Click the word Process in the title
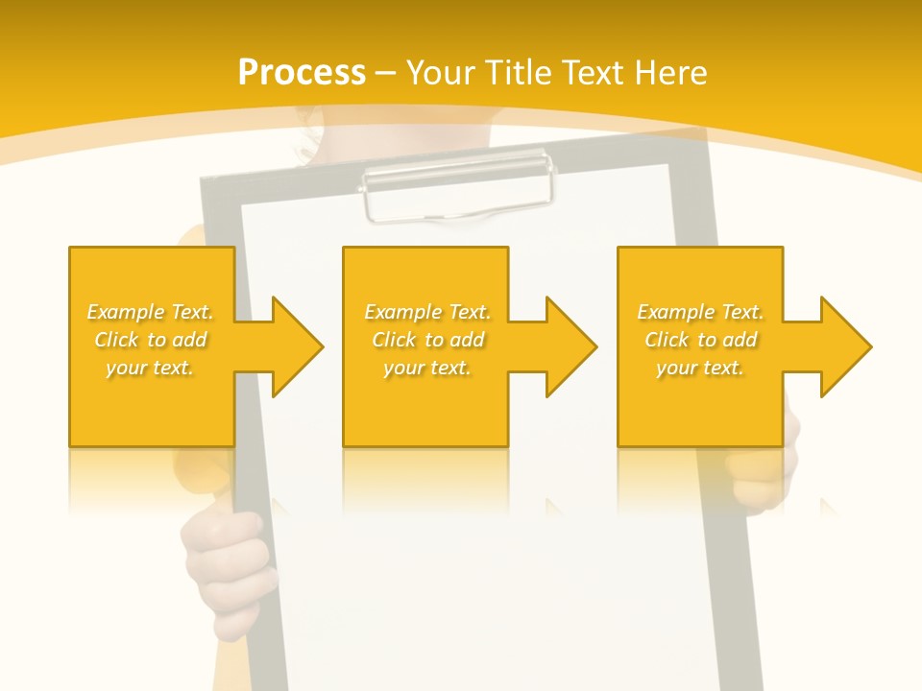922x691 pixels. (x=302, y=73)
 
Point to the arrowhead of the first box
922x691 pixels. (x=298, y=346)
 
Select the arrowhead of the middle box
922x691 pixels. (x=571, y=346)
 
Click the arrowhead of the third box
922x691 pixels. (x=846, y=346)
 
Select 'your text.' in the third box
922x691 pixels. (x=700, y=368)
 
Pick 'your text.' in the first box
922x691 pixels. (x=150, y=368)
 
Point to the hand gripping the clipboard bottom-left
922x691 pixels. (x=226, y=566)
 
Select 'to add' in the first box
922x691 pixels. (x=178, y=340)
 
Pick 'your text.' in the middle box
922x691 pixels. (x=427, y=368)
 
